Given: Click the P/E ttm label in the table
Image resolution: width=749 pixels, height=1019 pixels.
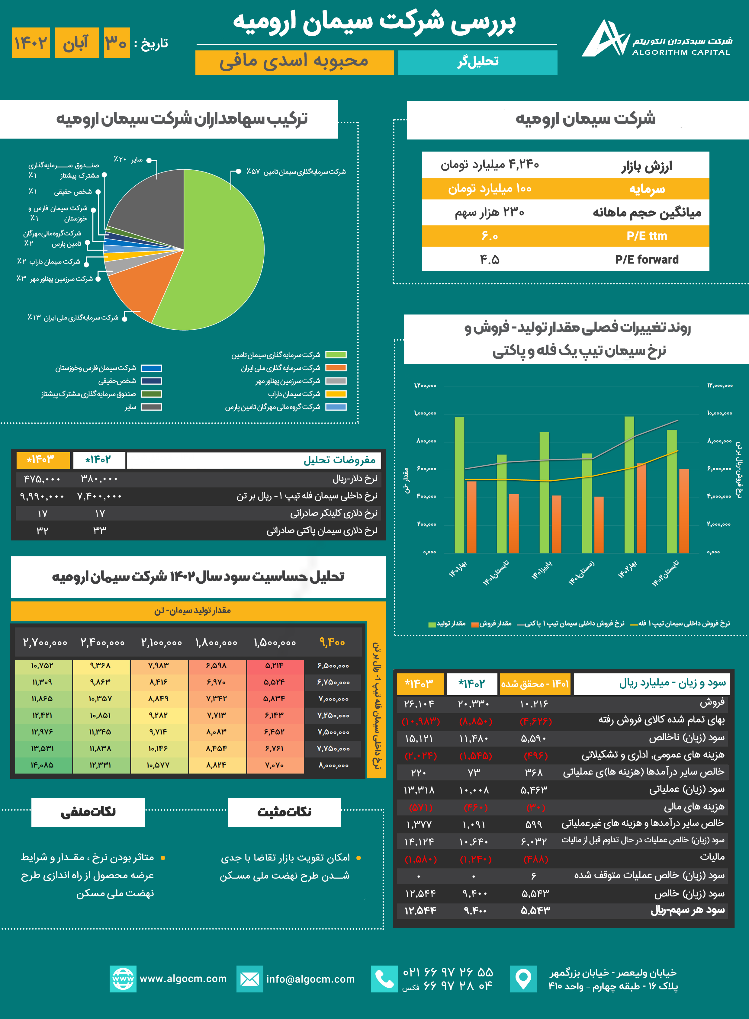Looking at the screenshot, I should [x=647, y=236].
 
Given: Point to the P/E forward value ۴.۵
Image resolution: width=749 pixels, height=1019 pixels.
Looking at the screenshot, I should [x=490, y=260].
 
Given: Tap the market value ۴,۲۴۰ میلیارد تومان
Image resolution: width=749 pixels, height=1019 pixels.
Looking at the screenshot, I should [x=490, y=165].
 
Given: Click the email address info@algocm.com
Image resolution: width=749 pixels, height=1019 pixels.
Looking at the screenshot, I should [x=310, y=979].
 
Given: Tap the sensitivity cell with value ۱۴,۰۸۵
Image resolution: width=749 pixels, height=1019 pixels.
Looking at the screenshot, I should [x=43, y=765].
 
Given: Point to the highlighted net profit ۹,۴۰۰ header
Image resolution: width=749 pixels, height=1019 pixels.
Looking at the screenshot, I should [x=332, y=642].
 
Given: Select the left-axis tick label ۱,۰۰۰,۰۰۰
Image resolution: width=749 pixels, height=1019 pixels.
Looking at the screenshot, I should [x=425, y=413].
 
